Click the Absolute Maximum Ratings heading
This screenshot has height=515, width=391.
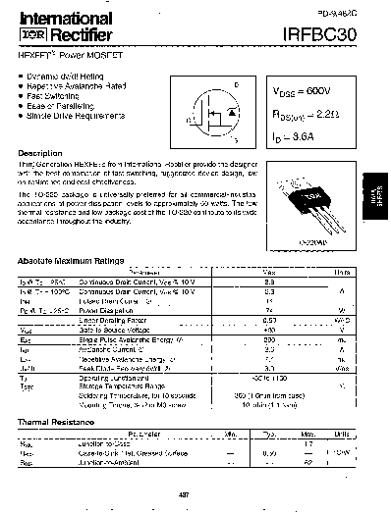tap(73, 261)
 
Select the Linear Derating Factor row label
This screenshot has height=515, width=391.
tap(110, 320)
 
